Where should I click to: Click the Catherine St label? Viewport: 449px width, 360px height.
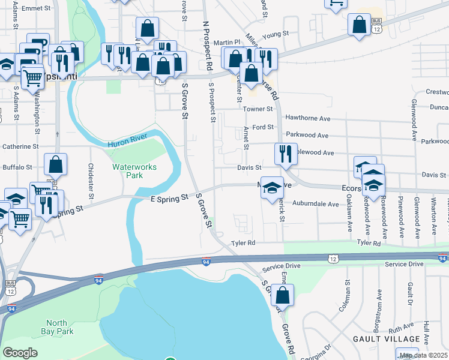click(x=20, y=146)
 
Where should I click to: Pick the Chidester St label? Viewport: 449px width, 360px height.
click(x=91, y=181)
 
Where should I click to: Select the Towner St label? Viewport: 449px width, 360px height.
click(x=258, y=109)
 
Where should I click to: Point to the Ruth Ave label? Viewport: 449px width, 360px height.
click(x=401, y=328)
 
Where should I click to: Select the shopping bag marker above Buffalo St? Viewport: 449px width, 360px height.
click(x=55, y=164)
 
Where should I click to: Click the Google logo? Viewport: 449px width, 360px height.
click(x=20, y=353)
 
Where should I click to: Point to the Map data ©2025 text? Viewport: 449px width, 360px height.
click(x=423, y=355)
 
